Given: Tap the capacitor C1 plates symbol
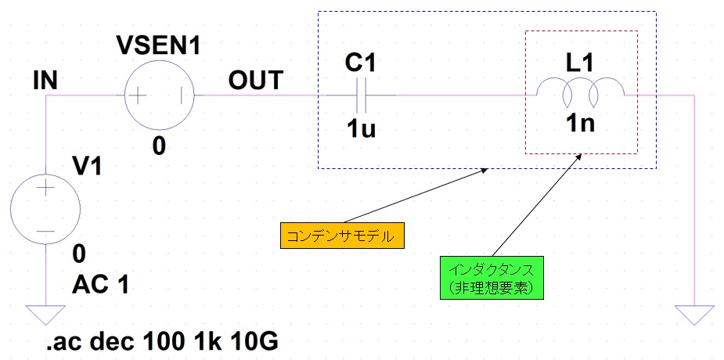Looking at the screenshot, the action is (x=361, y=95).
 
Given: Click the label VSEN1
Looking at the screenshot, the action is (x=158, y=45).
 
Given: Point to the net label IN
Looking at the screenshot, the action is (x=45, y=81).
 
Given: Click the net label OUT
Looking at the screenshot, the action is (x=255, y=81).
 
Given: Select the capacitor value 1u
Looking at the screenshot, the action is (x=361, y=130).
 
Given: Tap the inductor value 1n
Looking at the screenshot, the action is (x=579, y=124).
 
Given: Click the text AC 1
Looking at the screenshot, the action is (x=99, y=285).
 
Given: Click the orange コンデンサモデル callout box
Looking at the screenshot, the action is (x=342, y=236).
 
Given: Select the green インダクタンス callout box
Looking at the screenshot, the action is (x=490, y=278).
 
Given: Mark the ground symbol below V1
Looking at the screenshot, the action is (x=45, y=315).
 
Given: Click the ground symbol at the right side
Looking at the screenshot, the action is (x=694, y=315).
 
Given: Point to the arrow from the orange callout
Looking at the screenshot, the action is (x=416, y=195).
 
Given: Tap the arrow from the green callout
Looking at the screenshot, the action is (x=536, y=205).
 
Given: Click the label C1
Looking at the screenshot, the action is (x=361, y=64).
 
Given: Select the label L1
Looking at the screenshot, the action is (x=579, y=63).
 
